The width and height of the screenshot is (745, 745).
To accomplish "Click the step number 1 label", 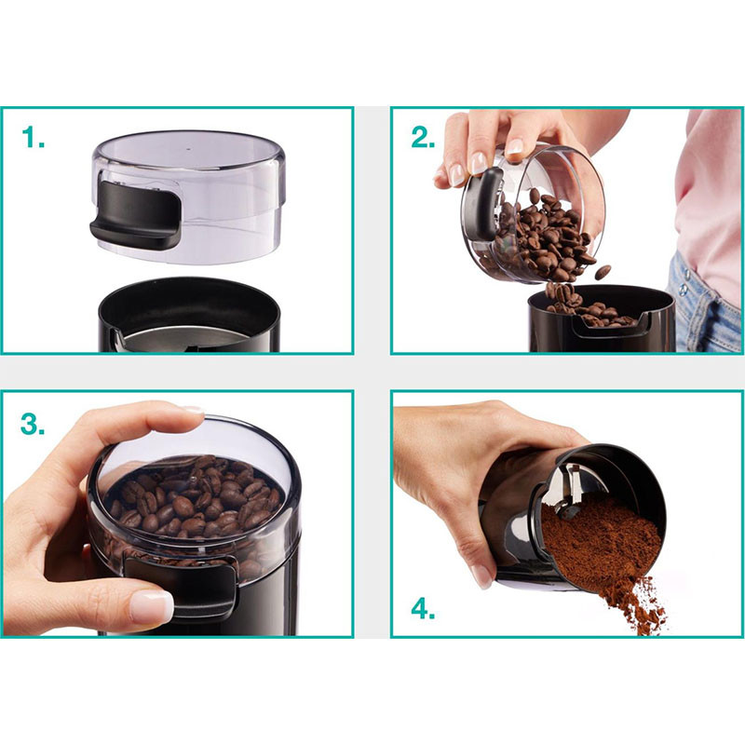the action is click(x=33, y=137).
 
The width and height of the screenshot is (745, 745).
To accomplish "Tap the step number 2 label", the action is click(x=424, y=137).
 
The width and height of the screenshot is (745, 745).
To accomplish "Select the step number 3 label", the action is click(x=33, y=424).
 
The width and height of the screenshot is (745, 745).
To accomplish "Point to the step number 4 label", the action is click(x=424, y=609).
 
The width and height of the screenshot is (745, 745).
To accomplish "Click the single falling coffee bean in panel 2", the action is click(x=603, y=272).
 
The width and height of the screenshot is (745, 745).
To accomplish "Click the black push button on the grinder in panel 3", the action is click(x=182, y=586).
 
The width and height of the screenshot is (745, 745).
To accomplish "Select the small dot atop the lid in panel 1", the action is click(x=189, y=148).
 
